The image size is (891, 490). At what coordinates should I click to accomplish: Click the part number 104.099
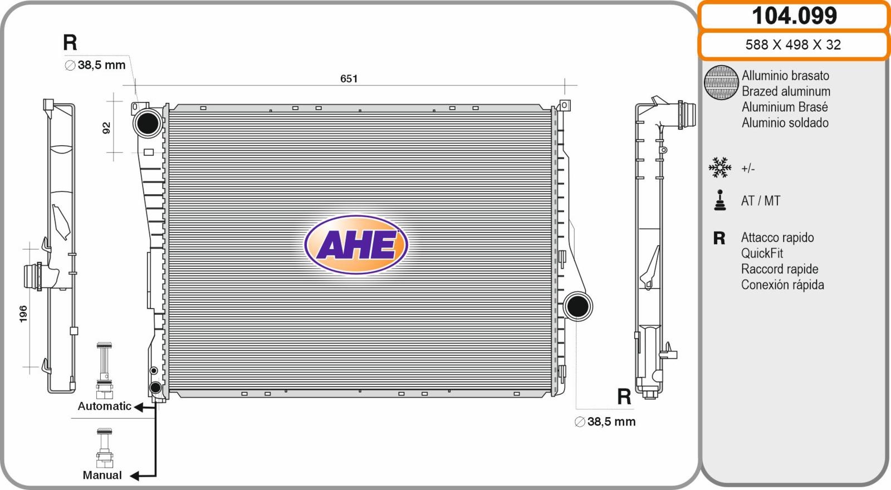tap(794, 16)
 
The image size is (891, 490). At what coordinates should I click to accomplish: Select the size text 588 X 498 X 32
tap(793, 44)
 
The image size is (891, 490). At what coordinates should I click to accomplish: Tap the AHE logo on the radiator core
tap(356, 244)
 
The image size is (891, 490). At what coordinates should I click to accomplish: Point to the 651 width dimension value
tap(349, 78)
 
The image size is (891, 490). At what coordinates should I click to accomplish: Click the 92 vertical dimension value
tap(106, 128)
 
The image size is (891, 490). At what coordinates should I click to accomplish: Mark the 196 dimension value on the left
tap(23, 314)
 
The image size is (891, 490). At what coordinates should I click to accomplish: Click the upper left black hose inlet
tap(148, 123)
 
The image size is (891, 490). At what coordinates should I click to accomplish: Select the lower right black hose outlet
tap(577, 306)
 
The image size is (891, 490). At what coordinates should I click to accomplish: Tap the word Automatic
tap(104, 406)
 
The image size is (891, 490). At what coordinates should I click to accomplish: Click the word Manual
tap(102, 475)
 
